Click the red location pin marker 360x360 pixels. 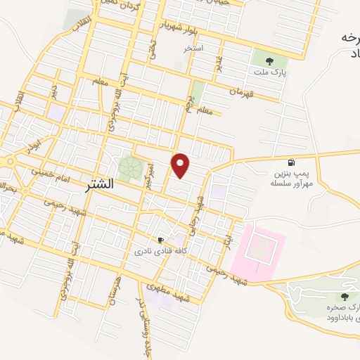point(181,165)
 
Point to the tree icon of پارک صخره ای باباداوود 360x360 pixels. point(345,297)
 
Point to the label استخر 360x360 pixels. point(193,49)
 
